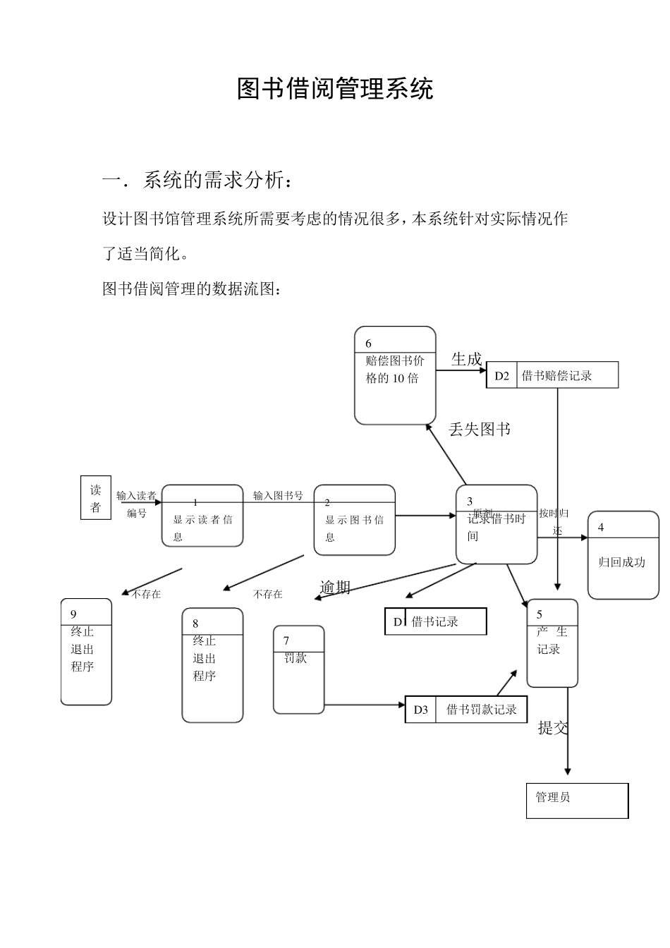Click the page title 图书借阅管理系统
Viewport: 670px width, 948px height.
[x=335, y=89]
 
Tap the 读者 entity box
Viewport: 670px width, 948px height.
[x=95, y=498]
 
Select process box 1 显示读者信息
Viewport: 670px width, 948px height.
[x=202, y=516]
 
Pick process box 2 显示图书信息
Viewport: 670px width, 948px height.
[x=354, y=520]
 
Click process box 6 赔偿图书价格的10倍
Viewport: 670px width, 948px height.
[x=395, y=375]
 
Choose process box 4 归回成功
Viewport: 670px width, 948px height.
[x=623, y=555]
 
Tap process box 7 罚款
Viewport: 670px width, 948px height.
[x=299, y=669]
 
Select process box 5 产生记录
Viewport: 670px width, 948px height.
[x=552, y=643]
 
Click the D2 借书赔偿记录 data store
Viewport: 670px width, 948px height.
[x=552, y=375]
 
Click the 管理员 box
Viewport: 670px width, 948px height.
[x=577, y=801]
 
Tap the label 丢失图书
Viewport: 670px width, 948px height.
[x=480, y=429]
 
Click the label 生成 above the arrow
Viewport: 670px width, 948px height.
[x=466, y=359]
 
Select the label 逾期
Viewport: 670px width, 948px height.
[x=335, y=587]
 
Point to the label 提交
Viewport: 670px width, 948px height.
[x=553, y=728]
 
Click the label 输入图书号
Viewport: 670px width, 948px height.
[x=278, y=496]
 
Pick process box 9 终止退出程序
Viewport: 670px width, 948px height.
[x=86, y=652]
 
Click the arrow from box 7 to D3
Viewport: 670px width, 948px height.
[x=365, y=705]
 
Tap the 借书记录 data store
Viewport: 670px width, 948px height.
[x=435, y=621]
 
